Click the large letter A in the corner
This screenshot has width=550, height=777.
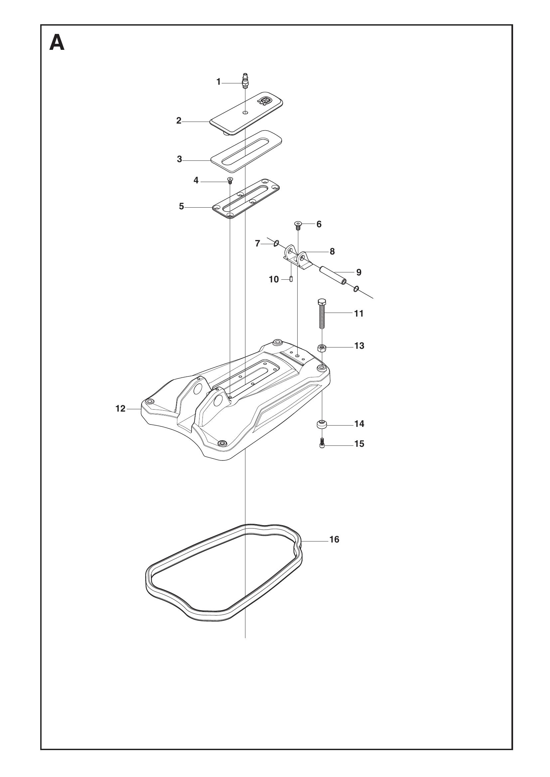click(x=57, y=43)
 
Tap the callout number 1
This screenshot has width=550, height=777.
click(x=218, y=82)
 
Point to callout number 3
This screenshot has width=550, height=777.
click(x=180, y=159)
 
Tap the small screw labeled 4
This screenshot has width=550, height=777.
click(x=230, y=180)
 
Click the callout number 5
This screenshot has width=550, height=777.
click(x=182, y=206)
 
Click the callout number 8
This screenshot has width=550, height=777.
click(x=332, y=251)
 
